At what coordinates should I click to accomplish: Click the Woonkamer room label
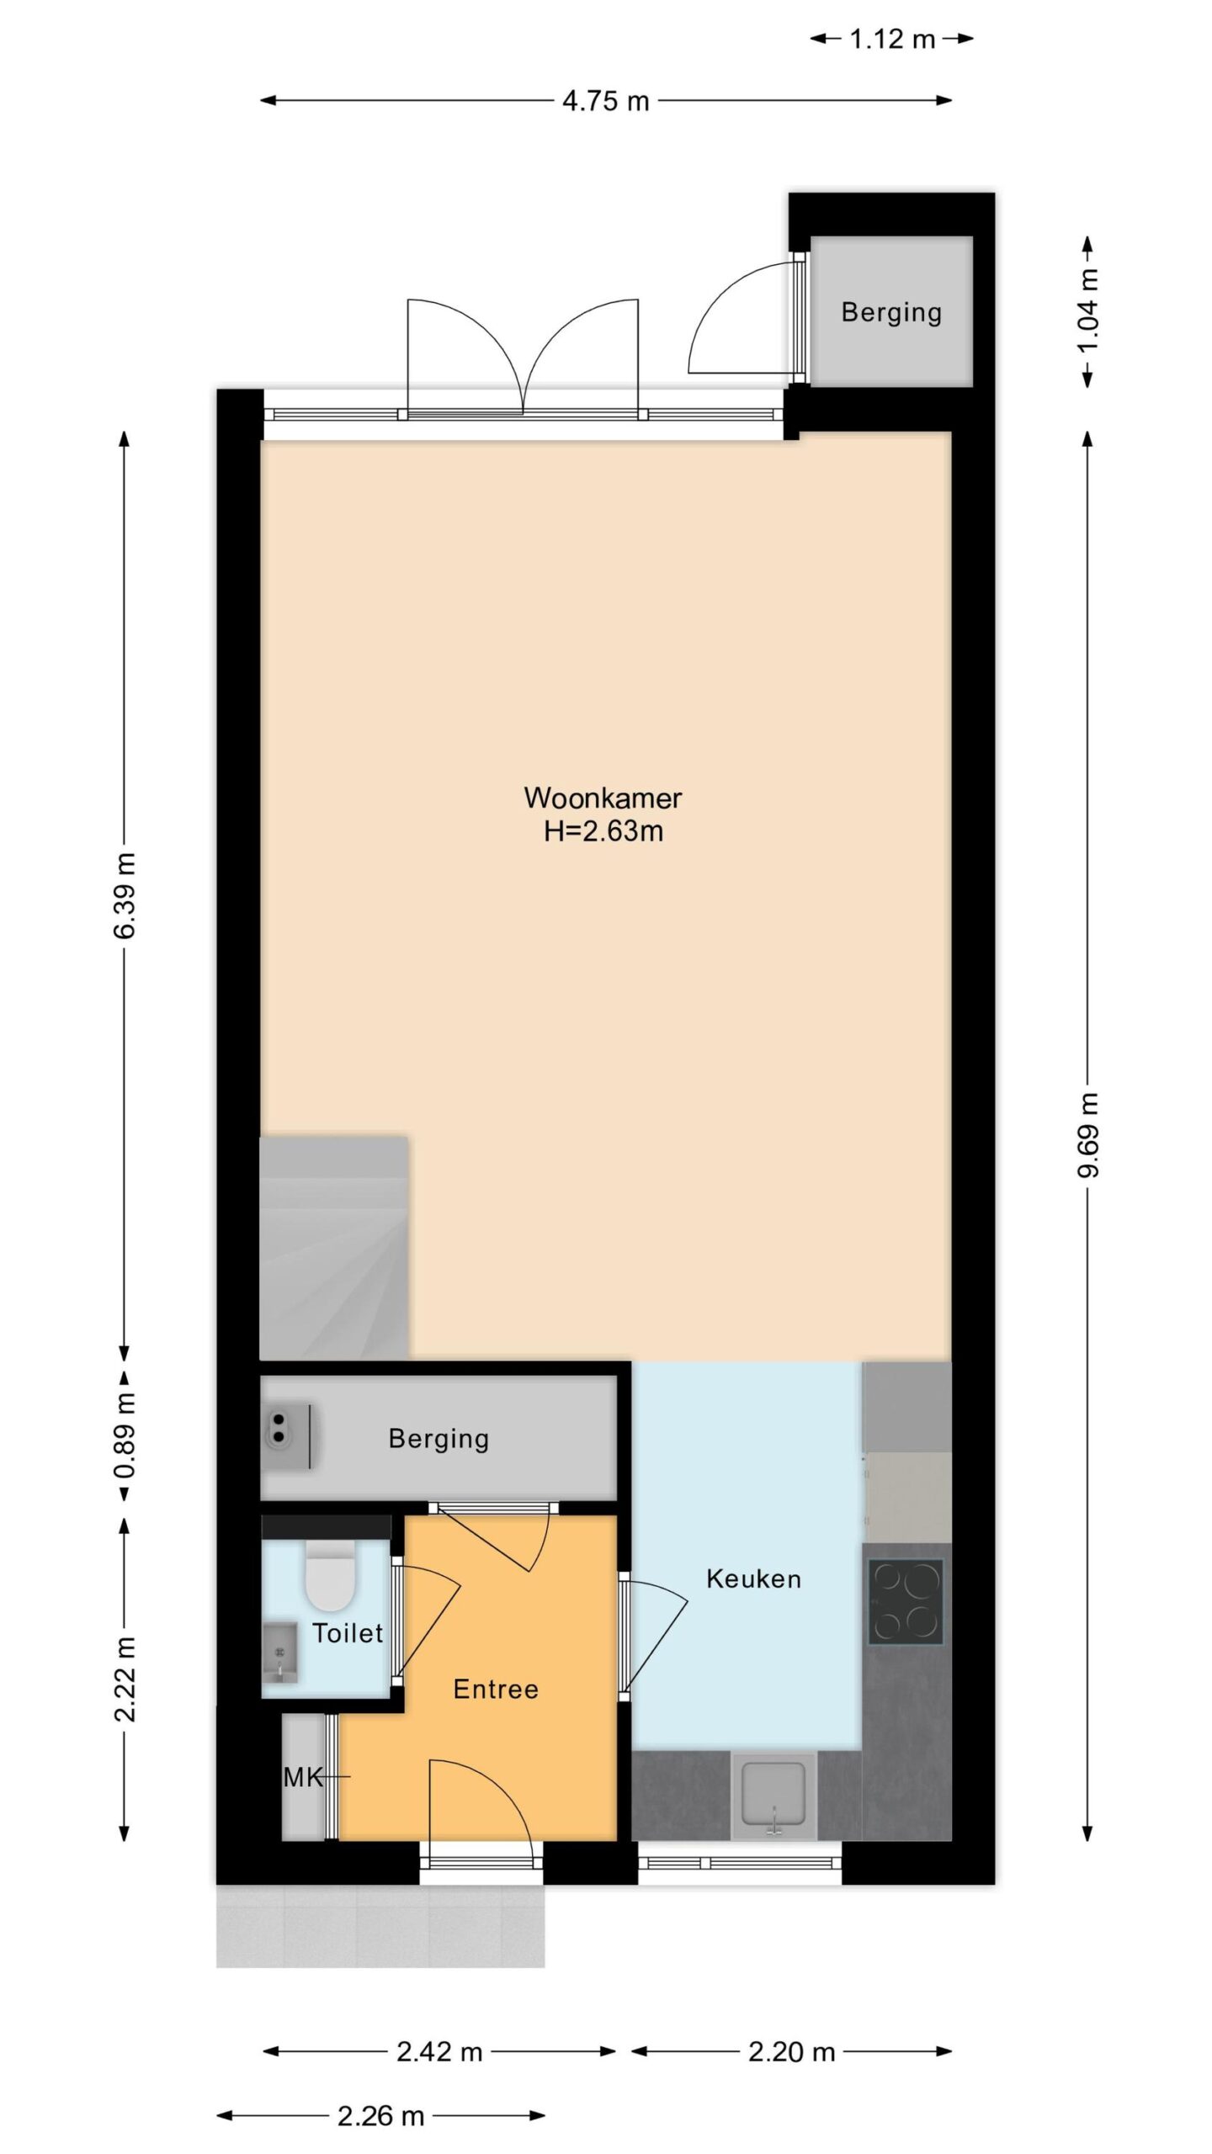(603, 797)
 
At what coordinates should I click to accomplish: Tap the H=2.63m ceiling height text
(603, 831)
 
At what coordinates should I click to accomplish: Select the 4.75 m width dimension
(606, 101)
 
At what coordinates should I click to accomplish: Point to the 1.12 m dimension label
(892, 39)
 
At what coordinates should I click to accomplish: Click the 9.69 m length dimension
(1088, 1134)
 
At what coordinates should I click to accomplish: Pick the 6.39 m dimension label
(125, 894)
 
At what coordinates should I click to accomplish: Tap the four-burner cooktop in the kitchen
(906, 1602)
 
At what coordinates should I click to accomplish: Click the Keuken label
(753, 1579)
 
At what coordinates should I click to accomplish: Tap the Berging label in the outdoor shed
(891, 313)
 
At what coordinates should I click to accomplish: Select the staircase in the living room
(334, 1249)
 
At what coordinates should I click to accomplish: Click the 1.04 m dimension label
(1088, 311)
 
